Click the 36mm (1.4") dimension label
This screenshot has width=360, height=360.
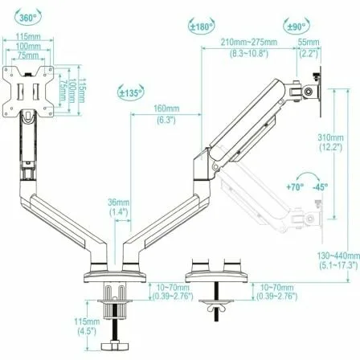pyautogui.click(x=119, y=207)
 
